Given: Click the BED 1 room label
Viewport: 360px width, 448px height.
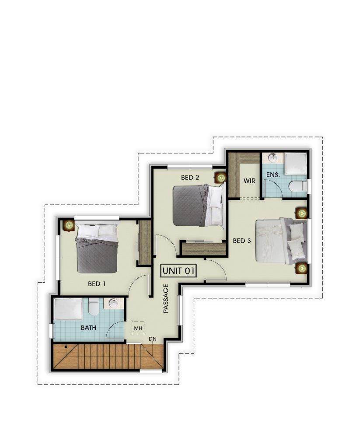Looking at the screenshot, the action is click(x=97, y=283).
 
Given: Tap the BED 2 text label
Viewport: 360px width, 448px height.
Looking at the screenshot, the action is click(x=190, y=178).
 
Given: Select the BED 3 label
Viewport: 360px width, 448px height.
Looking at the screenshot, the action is click(x=242, y=241).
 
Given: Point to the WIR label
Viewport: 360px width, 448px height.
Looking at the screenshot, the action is click(x=249, y=181).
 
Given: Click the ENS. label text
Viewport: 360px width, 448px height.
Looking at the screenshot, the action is click(x=273, y=175).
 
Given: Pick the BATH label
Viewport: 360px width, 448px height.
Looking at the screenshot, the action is click(x=88, y=328).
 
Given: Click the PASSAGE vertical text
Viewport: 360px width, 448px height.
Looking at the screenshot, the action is click(x=166, y=298).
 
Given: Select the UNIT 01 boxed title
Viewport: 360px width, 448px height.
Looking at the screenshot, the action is click(x=178, y=270).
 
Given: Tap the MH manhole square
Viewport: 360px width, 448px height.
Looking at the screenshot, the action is click(x=138, y=328).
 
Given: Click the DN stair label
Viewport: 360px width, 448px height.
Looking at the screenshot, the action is click(x=153, y=339).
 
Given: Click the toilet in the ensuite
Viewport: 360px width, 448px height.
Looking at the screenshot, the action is click(x=297, y=187).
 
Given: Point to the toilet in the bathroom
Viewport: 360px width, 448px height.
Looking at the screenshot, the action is click(x=93, y=307).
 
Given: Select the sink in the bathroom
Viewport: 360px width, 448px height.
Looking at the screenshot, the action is click(x=114, y=304).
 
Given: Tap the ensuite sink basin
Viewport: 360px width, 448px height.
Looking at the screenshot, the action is click(x=273, y=157).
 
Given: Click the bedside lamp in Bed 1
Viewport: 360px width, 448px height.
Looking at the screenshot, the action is click(x=69, y=225).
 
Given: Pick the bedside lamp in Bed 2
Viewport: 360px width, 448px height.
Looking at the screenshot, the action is click(x=220, y=178).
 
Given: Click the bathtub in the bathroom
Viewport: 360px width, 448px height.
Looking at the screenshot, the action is click(x=69, y=309).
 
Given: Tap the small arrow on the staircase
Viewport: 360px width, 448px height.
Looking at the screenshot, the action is click(x=66, y=346).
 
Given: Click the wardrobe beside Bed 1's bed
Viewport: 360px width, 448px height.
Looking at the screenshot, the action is click(x=145, y=242).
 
